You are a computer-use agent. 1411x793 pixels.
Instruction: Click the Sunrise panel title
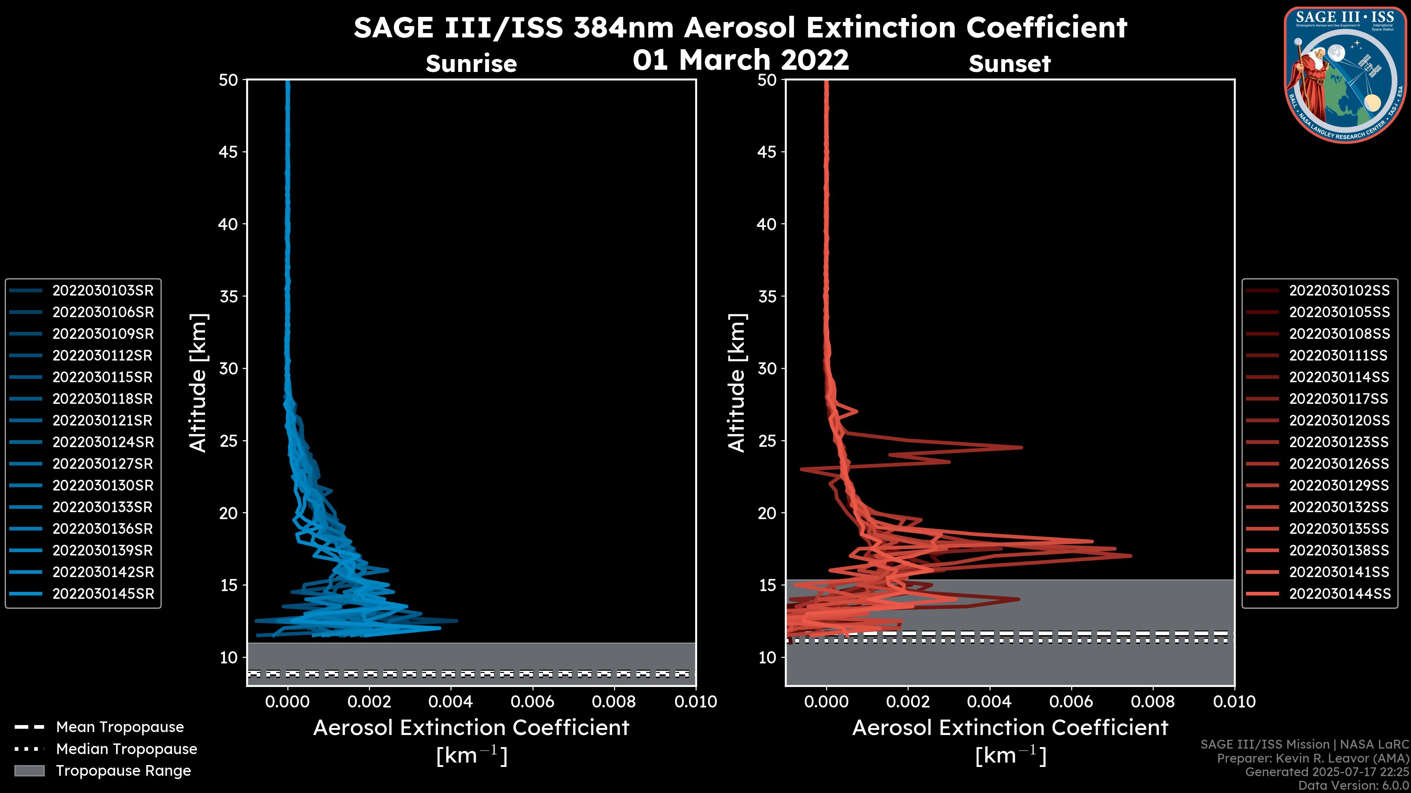(x=471, y=64)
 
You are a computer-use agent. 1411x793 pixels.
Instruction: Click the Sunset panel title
(x=1009, y=64)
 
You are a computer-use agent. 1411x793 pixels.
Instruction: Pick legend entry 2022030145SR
(x=103, y=593)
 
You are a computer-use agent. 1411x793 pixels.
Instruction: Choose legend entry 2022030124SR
(x=103, y=442)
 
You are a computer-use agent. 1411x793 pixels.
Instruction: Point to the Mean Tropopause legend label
(x=120, y=727)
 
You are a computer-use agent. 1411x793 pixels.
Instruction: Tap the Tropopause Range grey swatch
(x=29, y=771)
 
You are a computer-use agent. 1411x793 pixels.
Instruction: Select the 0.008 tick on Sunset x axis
(x=1153, y=702)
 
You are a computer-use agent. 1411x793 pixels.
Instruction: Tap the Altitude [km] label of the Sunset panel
(x=737, y=383)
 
